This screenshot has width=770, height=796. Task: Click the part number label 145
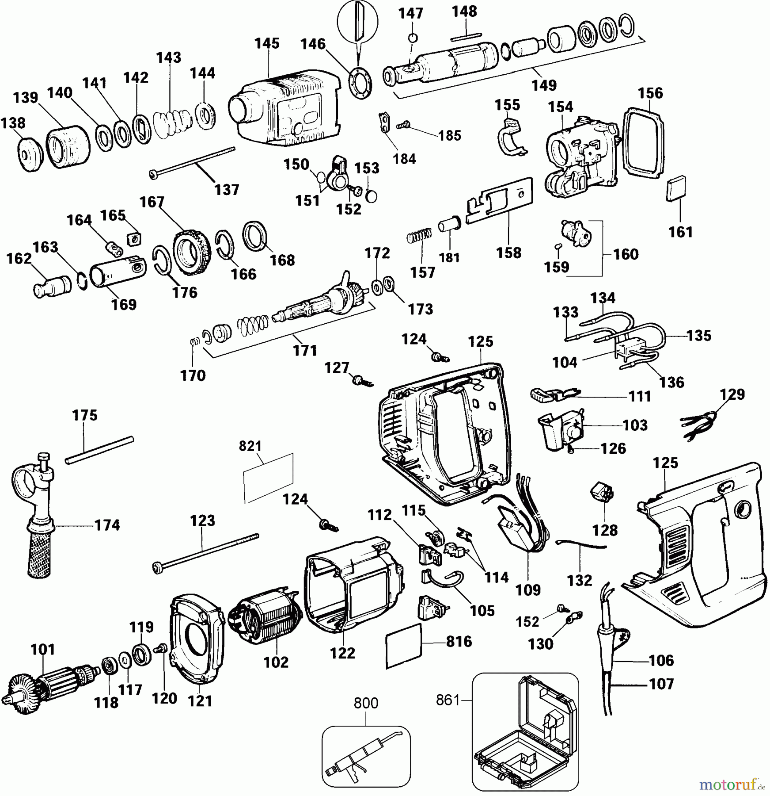pos(267,43)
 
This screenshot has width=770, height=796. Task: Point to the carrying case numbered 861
pos(525,734)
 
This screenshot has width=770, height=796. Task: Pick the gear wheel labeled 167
pos(192,252)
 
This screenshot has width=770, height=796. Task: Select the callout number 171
pos(305,351)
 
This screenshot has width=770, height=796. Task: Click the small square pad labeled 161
pos(676,189)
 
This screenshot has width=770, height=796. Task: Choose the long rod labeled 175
pos(99,450)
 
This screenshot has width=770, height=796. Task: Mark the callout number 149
pos(544,85)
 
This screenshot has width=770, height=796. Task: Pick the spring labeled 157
pos(419,235)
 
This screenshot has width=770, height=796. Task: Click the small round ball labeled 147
pos(413,38)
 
